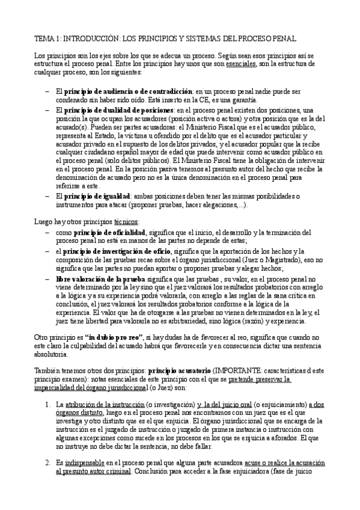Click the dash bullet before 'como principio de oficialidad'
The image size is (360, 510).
coord(48,232)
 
